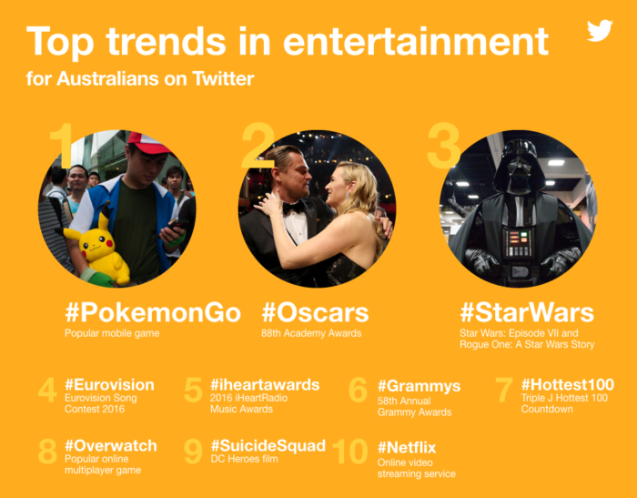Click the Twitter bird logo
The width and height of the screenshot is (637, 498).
[x=600, y=31]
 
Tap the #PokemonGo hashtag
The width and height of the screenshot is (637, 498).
[x=152, y=313]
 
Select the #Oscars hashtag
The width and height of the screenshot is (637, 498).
[x=315, y=313]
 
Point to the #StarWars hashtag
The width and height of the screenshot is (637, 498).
[x=526, y=313]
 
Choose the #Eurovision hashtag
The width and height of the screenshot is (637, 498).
[x=109, y=384]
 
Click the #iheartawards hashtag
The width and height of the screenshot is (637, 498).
[x=265, y=384]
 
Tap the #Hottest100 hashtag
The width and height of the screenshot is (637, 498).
[x=567, y=384]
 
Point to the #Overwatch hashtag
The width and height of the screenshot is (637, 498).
[x=110, y=446]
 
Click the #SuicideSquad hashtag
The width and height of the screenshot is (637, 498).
[x=268, y=446]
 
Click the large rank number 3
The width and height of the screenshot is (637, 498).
[x=443, y=146]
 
